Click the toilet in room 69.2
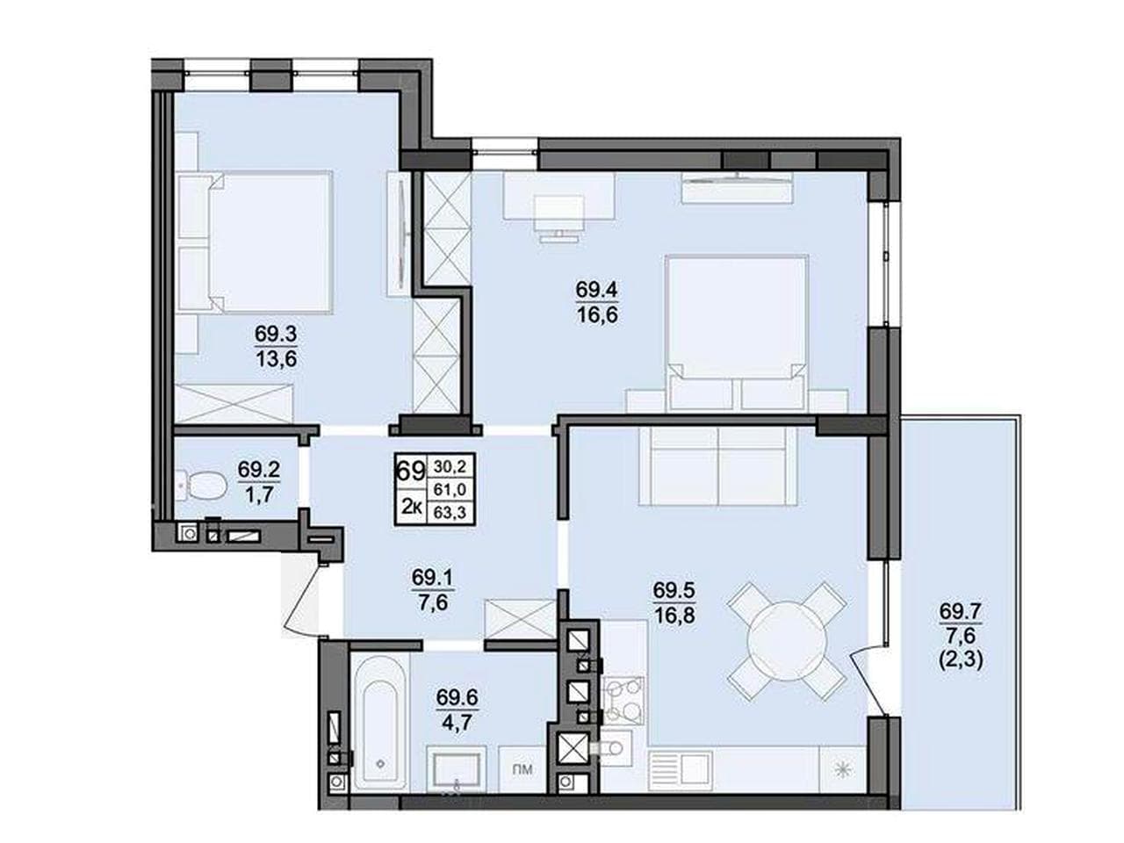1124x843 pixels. point(201,485)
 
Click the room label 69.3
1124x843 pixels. point(276,335)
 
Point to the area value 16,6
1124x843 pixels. point(597,314)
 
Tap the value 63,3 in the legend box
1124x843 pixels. point(450,512)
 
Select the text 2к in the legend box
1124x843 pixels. point(411,507)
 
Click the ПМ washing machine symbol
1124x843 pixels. point(522,768)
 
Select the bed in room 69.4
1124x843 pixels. point(737,333)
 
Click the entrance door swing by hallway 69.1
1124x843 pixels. point(302,598)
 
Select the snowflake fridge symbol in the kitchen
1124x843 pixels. point(841,769)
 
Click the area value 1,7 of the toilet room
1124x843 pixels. point(258,495)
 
